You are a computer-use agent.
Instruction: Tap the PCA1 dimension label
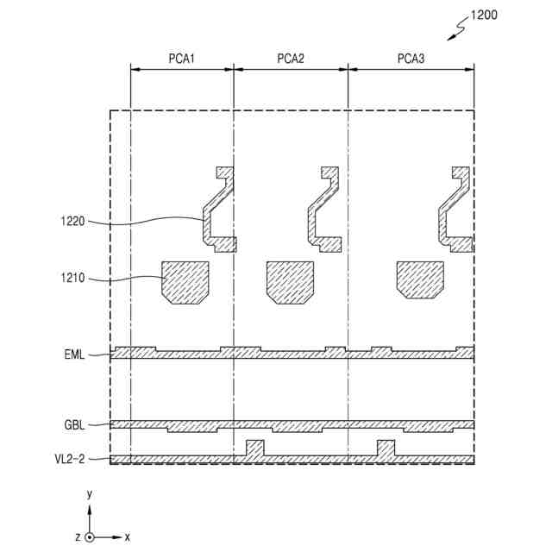182,59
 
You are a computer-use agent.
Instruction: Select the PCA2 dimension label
291,59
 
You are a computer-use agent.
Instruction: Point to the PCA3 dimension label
411,59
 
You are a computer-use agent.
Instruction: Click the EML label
74,354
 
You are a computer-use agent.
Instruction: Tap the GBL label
74,425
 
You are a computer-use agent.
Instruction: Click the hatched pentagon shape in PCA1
185,281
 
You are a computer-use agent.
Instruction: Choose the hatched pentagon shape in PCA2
290,281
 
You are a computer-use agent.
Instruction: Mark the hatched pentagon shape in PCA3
420,279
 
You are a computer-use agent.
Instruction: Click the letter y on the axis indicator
89,494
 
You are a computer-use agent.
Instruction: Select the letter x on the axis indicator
128,536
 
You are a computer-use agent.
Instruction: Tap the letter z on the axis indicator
78,536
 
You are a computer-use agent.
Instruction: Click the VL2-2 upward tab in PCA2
254,448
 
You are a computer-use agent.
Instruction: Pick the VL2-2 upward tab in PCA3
386,448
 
